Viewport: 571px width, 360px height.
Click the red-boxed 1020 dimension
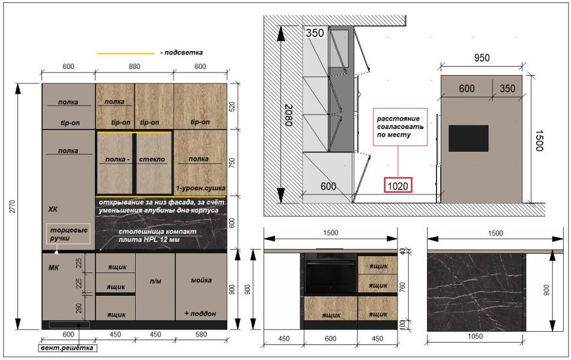tap(397, 186)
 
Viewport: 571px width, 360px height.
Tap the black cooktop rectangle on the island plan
tap(468, 139)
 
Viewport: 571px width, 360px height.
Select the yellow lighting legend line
tap(125, 53)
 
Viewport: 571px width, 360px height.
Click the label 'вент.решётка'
tap(67, 347)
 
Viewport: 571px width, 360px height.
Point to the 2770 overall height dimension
tap(13, 206)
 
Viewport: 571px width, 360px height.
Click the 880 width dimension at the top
tap(134, 66)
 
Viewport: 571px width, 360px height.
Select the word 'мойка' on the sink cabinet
tap(201, 280)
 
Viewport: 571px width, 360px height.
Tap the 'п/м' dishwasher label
tap(155, 281)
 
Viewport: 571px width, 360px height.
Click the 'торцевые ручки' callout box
tap(68, 234)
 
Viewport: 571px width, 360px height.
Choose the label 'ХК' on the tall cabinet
tap(53, 209)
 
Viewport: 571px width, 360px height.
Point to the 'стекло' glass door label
tap(152, 159)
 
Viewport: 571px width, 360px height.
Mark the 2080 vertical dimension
tap(289, 115)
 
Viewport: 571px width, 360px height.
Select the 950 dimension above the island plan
tap(482, 58)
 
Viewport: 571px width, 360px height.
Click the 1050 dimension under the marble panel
tap(475, 337)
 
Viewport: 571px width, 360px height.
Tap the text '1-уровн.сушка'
tap(201, 188)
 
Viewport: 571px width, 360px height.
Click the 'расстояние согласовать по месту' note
tap(400, 127)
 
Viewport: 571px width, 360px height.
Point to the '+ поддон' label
tap(200, 313)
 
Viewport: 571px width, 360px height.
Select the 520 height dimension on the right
tap(232, 106)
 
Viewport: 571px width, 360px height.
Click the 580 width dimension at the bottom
tap(201, 334)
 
